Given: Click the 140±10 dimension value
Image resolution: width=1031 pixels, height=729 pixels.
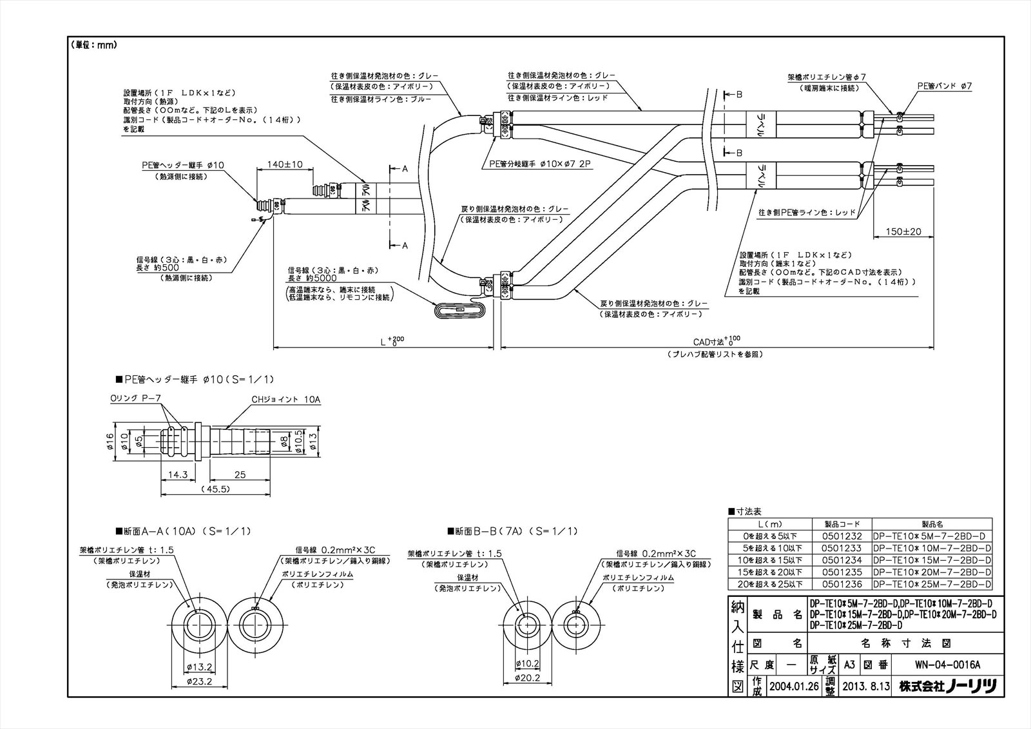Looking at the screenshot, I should pos(285,164).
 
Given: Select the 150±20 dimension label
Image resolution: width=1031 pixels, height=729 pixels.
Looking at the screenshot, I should pos(903,231).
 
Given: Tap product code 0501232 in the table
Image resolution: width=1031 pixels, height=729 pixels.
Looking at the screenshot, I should pos(842,536).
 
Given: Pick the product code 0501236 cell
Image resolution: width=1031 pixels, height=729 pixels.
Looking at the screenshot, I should pos(842,584).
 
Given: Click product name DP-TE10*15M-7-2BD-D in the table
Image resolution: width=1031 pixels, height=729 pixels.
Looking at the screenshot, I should pos(931,560).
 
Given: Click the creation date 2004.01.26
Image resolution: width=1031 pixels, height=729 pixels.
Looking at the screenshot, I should pos(793,687).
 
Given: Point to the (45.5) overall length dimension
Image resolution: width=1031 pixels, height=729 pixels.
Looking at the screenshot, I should pos(216,489).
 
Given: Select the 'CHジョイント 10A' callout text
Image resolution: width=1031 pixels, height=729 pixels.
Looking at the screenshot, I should pos(285,400).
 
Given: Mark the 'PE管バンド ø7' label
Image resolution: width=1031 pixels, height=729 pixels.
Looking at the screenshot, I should pos(944,85).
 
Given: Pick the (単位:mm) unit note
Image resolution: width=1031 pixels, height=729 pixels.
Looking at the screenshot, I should pos(93,45).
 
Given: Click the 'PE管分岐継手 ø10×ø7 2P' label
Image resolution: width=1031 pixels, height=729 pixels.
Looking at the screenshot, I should pos(535,164).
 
